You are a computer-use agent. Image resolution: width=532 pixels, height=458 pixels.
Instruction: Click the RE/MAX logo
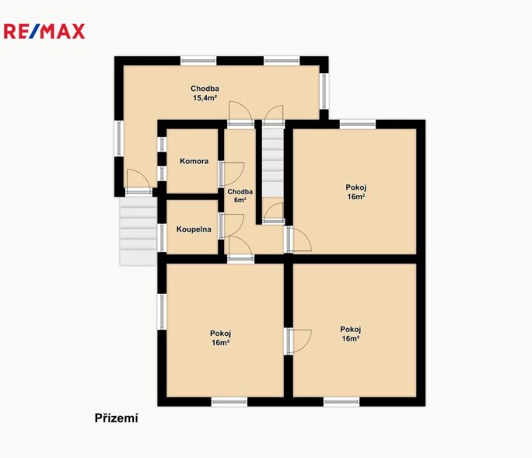pos(44,32)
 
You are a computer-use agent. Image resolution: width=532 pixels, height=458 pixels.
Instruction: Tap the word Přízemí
pos(116,418)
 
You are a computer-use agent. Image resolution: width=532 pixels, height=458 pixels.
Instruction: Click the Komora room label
pos(194,162)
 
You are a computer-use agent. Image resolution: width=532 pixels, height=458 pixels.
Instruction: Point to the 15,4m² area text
pos(205,99)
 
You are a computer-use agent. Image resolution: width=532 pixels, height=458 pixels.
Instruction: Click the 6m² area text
pos(240,200)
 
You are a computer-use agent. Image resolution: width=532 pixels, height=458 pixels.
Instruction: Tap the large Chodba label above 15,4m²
pos(205,89)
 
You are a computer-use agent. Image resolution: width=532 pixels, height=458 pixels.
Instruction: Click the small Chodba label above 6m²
pos(240,191)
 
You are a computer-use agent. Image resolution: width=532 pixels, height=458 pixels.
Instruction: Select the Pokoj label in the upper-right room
pos(356,187)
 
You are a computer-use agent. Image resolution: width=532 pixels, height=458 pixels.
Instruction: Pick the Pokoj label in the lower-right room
pos(351,329)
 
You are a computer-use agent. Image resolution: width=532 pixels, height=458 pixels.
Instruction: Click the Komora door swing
pos(232,173)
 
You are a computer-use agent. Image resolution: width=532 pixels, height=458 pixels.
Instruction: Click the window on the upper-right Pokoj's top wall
pos(358,124)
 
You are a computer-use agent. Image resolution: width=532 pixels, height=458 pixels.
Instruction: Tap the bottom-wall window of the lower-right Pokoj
pos(341,402)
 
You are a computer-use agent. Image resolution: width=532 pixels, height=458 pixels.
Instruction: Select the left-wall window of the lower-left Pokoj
pos(162,311)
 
